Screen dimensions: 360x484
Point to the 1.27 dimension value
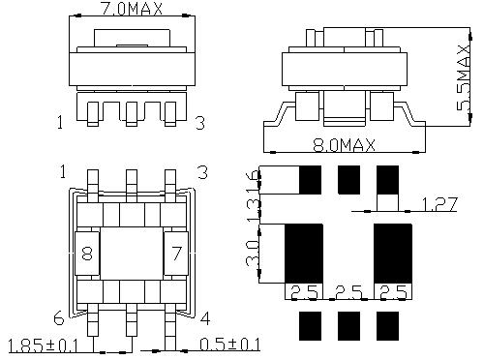pos(440,203)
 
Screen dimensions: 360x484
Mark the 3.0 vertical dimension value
pos(255,255)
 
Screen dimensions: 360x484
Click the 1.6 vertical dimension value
pos(255,181)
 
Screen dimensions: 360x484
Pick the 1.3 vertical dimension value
pos(255,208)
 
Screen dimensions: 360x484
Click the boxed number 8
pos(87,255)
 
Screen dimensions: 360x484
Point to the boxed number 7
pos(176,255)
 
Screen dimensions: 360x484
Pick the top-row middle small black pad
pos(348,179)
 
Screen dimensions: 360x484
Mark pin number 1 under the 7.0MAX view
pos(60,123)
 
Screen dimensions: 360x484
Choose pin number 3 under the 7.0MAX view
pos(199,123)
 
